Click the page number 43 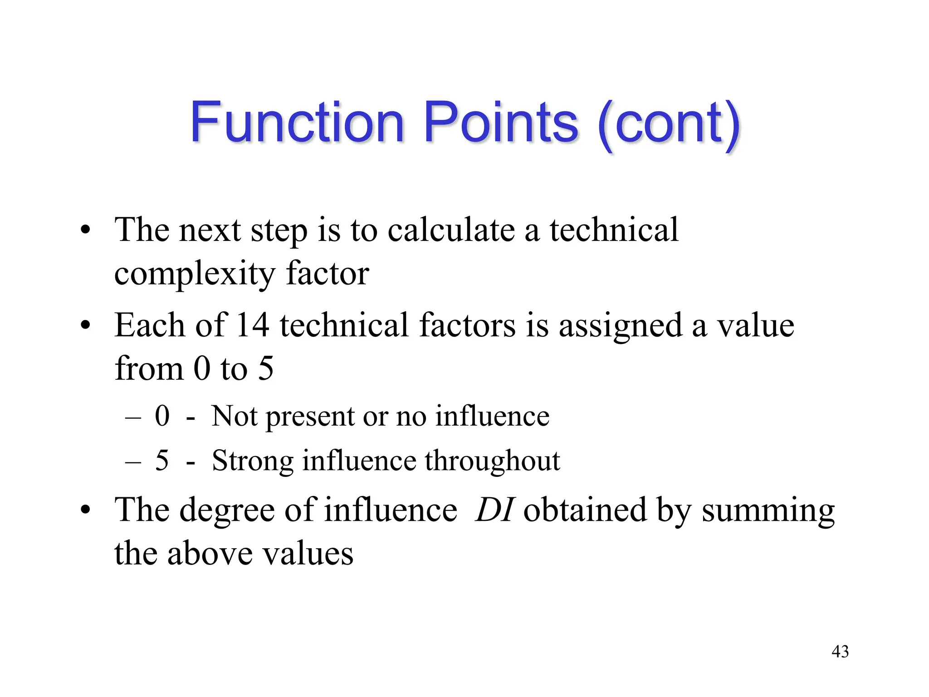pos(840,652)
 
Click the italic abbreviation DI pos(494,510)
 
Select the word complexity pos(195,274)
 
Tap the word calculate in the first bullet pos(451,230)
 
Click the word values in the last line pos(308,554)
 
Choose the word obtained pos(585,510)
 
